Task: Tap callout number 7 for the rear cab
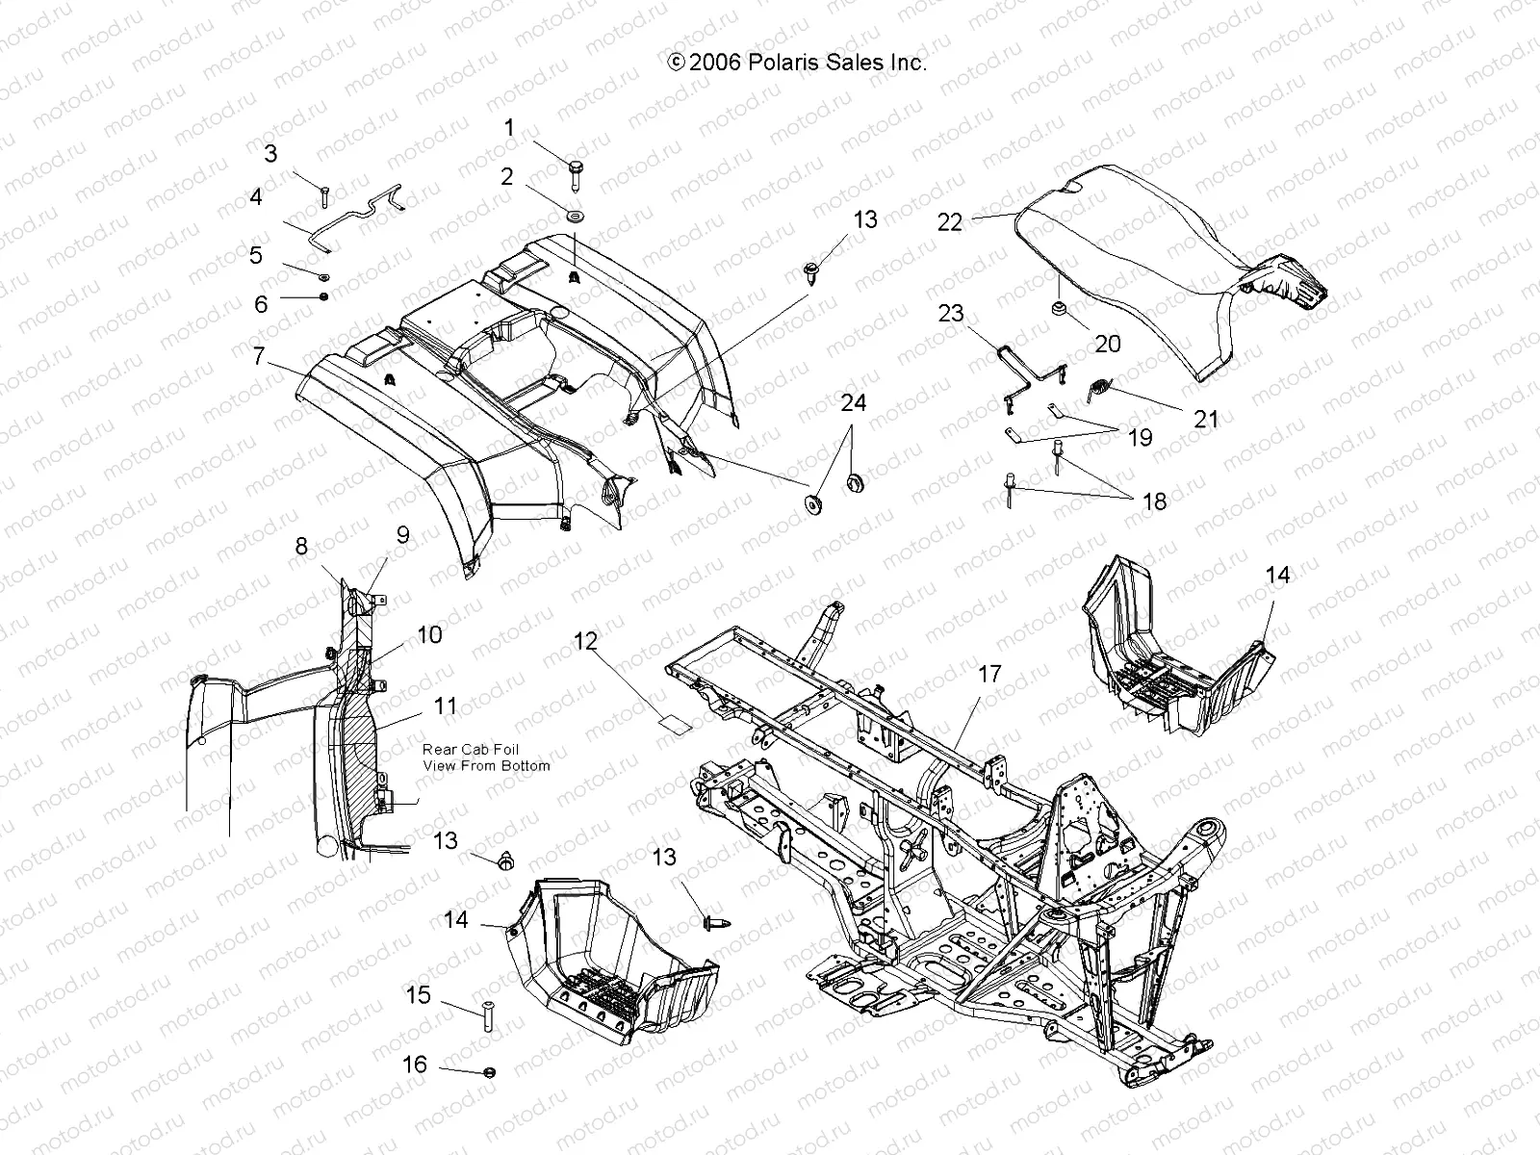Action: point(258,356)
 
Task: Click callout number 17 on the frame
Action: point(990,675)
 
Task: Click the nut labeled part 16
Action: point(490,1071)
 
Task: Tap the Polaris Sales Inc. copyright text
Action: point(797,63)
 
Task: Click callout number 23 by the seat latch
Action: point(951,314)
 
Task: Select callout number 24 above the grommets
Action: point(853,402)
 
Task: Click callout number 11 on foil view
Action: point(446,706)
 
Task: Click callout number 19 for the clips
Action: point(1140,438)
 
